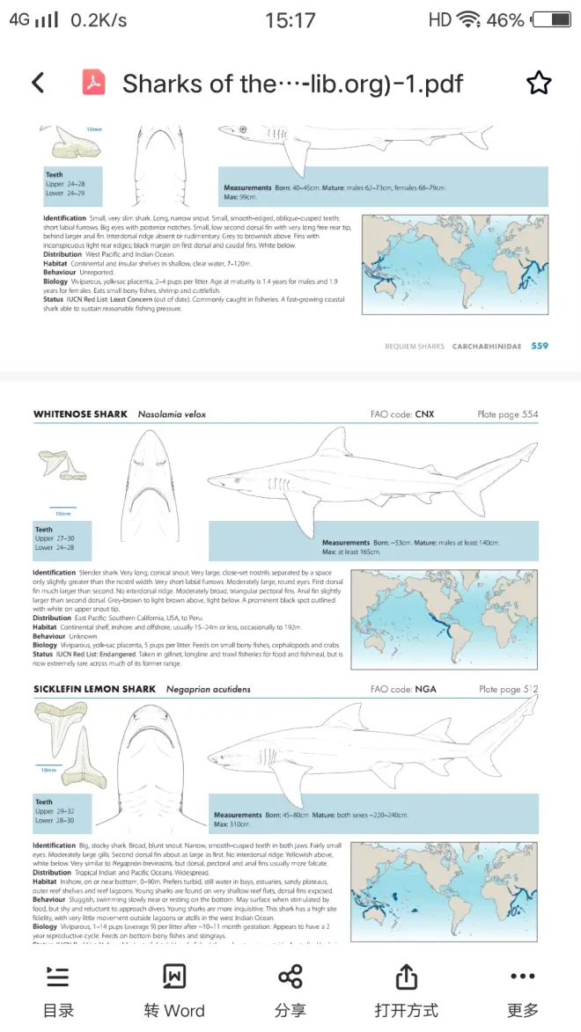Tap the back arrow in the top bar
[38, 83]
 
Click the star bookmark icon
[538, 83]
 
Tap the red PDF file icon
[93, 83]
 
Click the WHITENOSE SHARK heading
[80, 414]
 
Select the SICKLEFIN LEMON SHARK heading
[94, 689]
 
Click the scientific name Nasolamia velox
[172, 414]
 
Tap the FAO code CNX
[424, 414]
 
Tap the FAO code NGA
[426, 689]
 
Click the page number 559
[539, 346]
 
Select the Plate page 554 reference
[508, 414]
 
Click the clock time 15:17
[290, 19]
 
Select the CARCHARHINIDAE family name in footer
[487, 347]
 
